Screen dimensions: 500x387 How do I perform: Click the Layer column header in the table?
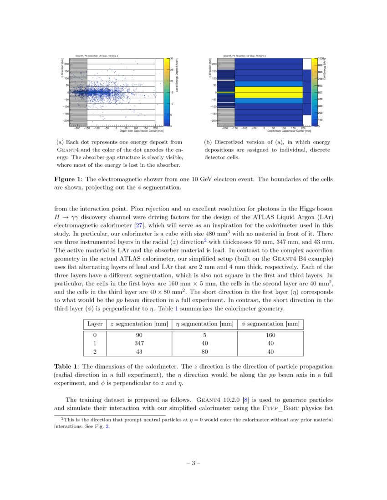pos(95,324)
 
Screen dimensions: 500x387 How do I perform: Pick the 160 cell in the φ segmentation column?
pos(270,335)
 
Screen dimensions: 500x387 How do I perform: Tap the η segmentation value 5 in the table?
pos(204,335)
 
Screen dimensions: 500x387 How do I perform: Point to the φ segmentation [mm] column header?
pos(270,324)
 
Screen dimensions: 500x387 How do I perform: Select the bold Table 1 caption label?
pos(67,366)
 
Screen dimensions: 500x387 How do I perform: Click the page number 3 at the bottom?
pos(193,463)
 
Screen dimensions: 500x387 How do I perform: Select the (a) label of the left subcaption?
pos(60,142)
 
